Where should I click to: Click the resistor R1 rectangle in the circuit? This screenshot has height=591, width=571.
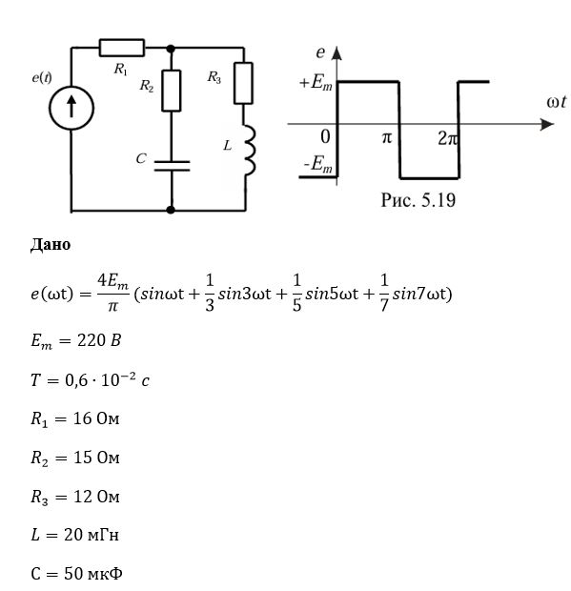(x=122, y=48)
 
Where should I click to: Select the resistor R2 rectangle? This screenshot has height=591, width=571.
(x=172, y=91)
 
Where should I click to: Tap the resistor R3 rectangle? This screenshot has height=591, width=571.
(x=243, y=83)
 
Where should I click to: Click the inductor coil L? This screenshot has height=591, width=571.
(x=250, y=151)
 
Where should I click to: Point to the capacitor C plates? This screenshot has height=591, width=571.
(x=172, y=166)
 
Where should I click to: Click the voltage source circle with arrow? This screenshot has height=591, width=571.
(x=71, y=108)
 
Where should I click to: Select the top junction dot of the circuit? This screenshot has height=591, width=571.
(x=171, y=49)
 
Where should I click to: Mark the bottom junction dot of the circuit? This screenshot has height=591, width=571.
(x=171, y=210)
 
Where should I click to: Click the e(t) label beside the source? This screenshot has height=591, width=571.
(x=42, y=77)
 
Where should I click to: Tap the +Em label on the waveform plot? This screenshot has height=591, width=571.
(x=316, y=82)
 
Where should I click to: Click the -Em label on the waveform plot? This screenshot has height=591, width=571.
(x=317, y=165)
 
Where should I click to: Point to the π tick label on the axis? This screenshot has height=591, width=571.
(x=387, y=138)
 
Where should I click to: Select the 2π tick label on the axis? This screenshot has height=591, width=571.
(x=448, y=139)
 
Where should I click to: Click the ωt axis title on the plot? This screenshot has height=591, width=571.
(x=557, y=102)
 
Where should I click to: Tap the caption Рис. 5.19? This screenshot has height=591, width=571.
(x=418, y=200)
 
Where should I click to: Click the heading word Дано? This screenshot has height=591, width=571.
(x=51, y=245)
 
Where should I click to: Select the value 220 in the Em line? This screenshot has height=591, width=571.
(x=92, y=340)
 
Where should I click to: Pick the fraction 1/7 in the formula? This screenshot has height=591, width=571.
(x=383, y=293)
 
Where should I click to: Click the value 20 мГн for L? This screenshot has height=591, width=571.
(x=92, y=535)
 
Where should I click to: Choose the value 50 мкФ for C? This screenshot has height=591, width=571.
(x=93, y=574)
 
